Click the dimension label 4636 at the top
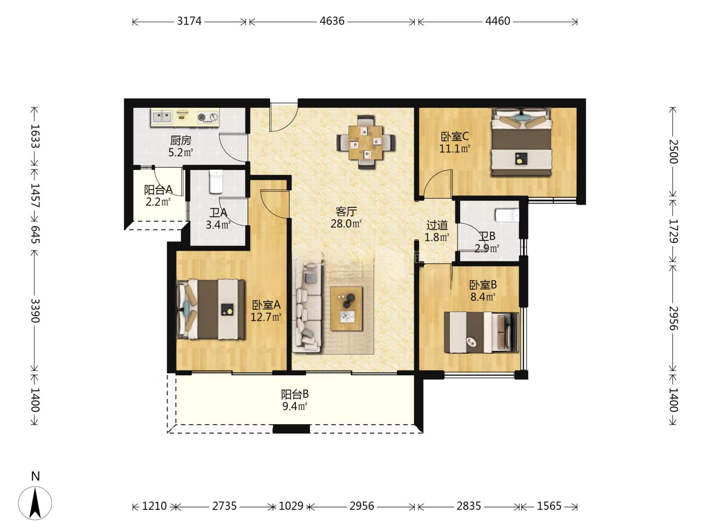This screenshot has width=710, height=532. (332, 21)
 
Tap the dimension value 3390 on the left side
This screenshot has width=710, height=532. (35, 310)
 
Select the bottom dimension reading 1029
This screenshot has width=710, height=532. (291, 506)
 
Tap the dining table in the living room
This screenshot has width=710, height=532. (366, 142)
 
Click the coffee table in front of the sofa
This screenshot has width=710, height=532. (347, 308)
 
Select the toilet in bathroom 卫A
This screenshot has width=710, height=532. (216, 182)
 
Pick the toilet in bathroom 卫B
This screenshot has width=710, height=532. (507, 216)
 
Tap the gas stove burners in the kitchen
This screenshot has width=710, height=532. (208, 117)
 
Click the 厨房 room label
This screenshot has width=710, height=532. (181, 140)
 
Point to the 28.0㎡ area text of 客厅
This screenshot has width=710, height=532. (346, 224)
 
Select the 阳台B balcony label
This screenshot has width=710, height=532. (295, 395)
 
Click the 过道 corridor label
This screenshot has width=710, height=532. (437, 225)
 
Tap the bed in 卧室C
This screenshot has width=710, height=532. (521, 142)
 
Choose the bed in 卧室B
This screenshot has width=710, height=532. (482, 332)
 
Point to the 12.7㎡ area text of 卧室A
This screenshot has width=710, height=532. (266, 317)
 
